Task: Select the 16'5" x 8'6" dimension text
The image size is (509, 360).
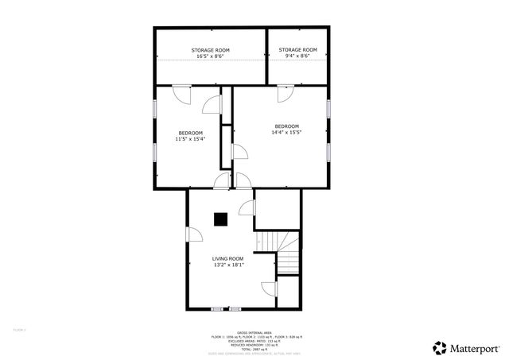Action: coord(210,56)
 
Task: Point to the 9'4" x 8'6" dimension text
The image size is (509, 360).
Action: coord(297,56)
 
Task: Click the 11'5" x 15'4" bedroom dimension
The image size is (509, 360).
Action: coord(190,139)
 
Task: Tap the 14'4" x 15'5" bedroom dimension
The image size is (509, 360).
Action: coord(286,133)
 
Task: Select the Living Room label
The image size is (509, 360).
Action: coord(227,258)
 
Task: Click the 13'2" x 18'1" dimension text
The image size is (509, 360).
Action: coord(227,265)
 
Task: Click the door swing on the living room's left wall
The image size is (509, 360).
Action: coord(194,235)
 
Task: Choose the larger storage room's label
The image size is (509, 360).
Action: coord(210,50)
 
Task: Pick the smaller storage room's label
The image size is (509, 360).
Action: coord(297,49)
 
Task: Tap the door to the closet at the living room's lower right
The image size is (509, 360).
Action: coord(269,289)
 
